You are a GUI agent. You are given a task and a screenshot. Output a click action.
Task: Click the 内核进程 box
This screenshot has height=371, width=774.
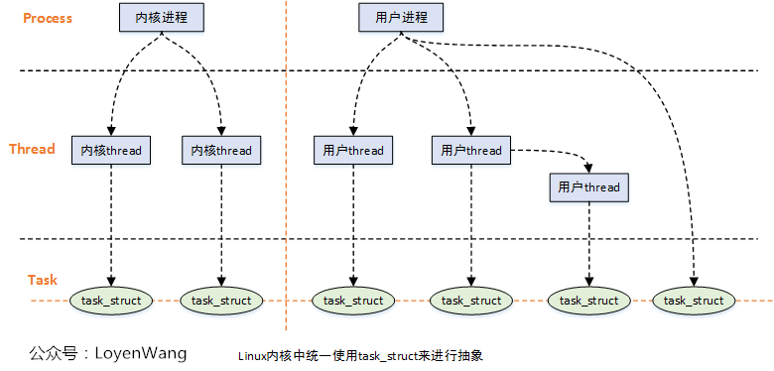[x=161, y=18]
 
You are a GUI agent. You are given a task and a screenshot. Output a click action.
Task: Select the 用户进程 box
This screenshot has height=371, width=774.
[x=401, y=18]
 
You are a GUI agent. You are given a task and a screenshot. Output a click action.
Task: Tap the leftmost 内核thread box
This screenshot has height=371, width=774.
[x=111, y=151]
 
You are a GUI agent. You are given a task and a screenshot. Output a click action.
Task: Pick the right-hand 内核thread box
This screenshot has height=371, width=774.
[x=221, y=151]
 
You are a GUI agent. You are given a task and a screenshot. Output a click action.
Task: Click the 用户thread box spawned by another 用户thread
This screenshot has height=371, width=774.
[x=588, y=186]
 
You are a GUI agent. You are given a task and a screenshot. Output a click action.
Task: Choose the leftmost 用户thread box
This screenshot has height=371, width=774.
[x=352, y=151]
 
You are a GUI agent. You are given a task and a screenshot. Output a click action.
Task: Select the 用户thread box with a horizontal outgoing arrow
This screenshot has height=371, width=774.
[x=471, y=151]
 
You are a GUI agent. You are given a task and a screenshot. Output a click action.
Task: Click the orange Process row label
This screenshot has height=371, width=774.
[x=47, y=18]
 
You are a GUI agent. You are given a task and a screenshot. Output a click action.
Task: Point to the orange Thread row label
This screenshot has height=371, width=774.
[x=32, y=149]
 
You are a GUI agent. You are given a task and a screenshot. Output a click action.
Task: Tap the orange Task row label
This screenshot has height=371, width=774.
[x=43, y=280]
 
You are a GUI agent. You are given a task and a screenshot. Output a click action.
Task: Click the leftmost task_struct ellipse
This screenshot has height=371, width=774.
[x=111, y=300]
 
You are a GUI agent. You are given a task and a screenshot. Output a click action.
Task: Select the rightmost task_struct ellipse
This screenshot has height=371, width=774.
[x=693, y=300]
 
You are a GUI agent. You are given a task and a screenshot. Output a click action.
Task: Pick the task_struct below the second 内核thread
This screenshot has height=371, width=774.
[x=221, y=300]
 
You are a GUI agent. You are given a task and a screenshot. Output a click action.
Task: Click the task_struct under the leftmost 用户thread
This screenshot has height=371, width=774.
[x=352, y=300]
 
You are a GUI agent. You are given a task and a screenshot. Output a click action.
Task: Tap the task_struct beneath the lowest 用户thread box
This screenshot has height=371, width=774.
[x=588, y=300]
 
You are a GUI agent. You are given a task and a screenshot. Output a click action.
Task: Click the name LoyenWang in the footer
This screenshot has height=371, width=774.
[x=140, y=353]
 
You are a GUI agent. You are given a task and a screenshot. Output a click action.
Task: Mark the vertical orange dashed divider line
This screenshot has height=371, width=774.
[x=286, y=198]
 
